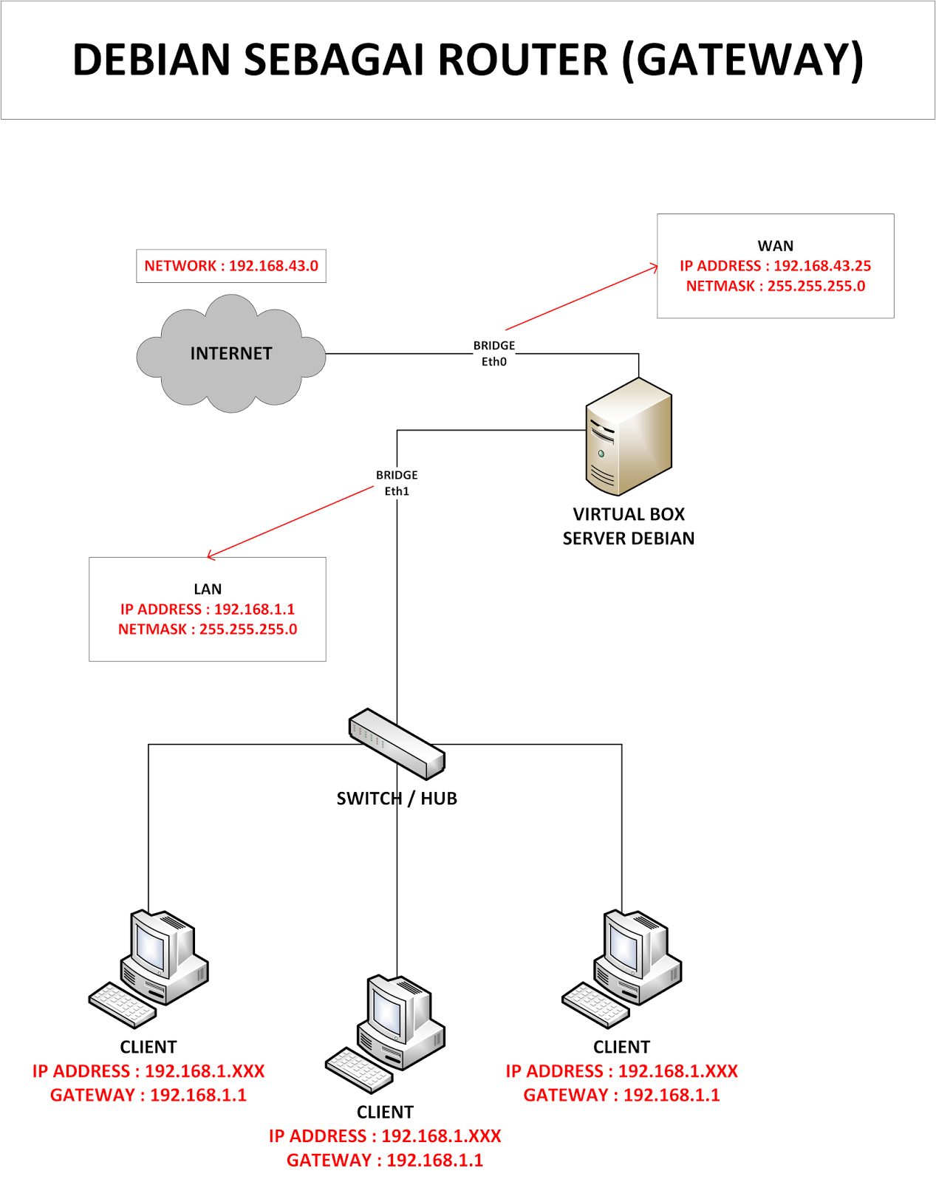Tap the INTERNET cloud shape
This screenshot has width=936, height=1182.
coord(231,354)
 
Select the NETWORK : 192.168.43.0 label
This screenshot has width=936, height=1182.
coord(231,266)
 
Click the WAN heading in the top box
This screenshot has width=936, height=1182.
coord(775,246)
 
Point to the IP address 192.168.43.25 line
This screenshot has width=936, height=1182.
coord(775,266)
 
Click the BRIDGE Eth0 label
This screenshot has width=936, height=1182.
coord(494,353)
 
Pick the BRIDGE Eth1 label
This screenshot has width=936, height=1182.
coord(397,483)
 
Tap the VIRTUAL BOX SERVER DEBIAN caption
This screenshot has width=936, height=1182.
coord(628,526)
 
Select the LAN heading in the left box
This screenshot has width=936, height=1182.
coord(208,589)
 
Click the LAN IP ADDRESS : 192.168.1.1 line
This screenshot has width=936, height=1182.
coord(208,609)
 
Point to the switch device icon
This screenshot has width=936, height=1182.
coord(397,743)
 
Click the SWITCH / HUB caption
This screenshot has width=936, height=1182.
coord(397,799)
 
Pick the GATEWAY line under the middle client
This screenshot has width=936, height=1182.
coord(385,1160)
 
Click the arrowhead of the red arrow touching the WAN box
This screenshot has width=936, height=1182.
coord(655,267)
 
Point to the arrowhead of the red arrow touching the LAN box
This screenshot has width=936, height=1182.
coord(211,554)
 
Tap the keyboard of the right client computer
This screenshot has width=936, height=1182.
coord(595,1005)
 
